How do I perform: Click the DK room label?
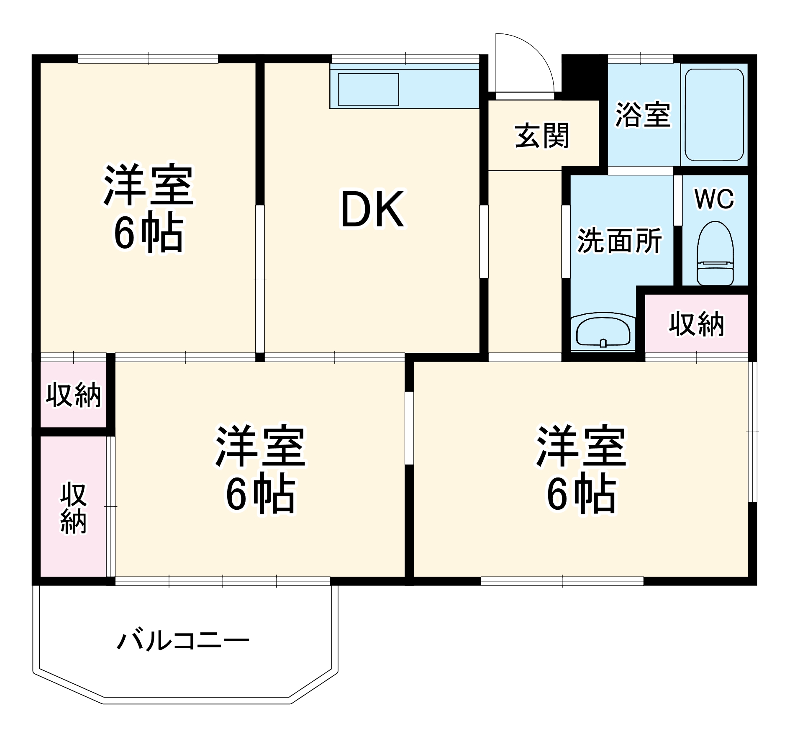tap(372, 209)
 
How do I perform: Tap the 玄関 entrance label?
tap(542, 136)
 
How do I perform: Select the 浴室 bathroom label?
tap(643, 114)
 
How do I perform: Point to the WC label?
tap(714, 199)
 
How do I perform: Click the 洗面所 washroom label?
tap(619, 241)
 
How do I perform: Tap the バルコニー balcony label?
tap(183, 641)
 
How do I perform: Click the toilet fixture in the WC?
tap(715, 254)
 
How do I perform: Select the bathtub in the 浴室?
tap(714, 114)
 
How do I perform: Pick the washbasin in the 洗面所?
tap(603, 333)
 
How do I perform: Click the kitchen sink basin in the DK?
tap(368, 90)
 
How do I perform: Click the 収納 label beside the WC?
tap(696, 323)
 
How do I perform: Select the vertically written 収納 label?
tap(74, 508)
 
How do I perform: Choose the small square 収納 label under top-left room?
tap(74, 394)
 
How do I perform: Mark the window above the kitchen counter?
tap(405, 59)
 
